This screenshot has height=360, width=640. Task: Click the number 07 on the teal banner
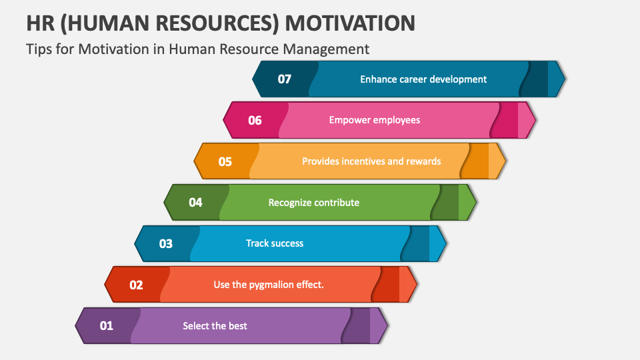pyautogui.click(x=285, y=79)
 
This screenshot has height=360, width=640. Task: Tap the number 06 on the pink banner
pyautogui.click(x=255, y=121)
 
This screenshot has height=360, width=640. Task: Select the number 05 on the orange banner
pyautogui.click(x=225, y=161)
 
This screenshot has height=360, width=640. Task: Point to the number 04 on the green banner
pyautogui.click(x=195, y=202)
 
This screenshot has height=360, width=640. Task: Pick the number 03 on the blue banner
pyautogui.click(x=166, y=243)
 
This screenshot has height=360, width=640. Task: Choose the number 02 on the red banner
pyautogui.click(x=136, y=285)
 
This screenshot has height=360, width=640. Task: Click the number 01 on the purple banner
pyautogui.click(x=107, y=326)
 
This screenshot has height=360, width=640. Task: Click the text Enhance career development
pyautogui.click(x=423, y=79)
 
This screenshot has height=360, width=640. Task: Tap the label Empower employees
pyautogui.click(x=375, y=120)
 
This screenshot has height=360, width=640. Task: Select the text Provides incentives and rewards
pyautogui.click(x=371, y=161)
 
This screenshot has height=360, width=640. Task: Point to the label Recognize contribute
pyautogui.click(x=313, y=203)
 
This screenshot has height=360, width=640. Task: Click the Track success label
pyautogui.click(x=275, y=243)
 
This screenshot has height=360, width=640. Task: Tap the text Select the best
pyautogui.click(x=215, y=326)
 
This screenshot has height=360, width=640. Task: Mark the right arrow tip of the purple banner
pyautogui.click(x=384, y=326)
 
